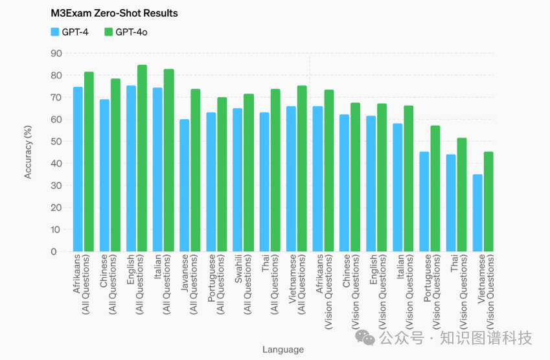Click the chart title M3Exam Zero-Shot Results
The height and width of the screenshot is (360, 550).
pyautogui.click(x=114, y=13)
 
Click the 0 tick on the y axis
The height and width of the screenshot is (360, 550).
pyautogui.click(x=59, y=251)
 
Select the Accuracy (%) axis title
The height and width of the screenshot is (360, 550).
pyautogui.click(x=28, y=152)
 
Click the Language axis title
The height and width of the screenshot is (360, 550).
pyautogui.click(x=282, y=350)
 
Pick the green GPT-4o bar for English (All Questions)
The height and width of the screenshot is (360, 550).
pyautogui.click(x=143, y=158)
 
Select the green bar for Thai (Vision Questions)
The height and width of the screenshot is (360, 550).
pyautogui.click(x=462, y=194)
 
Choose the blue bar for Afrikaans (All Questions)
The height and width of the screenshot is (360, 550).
pyautogui.click(x=78, y=169)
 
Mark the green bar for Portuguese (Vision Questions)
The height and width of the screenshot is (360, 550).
pyautogui.click(x=435, y=188)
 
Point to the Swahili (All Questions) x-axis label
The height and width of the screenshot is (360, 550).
pyautogui.click(x=244, y=285)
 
